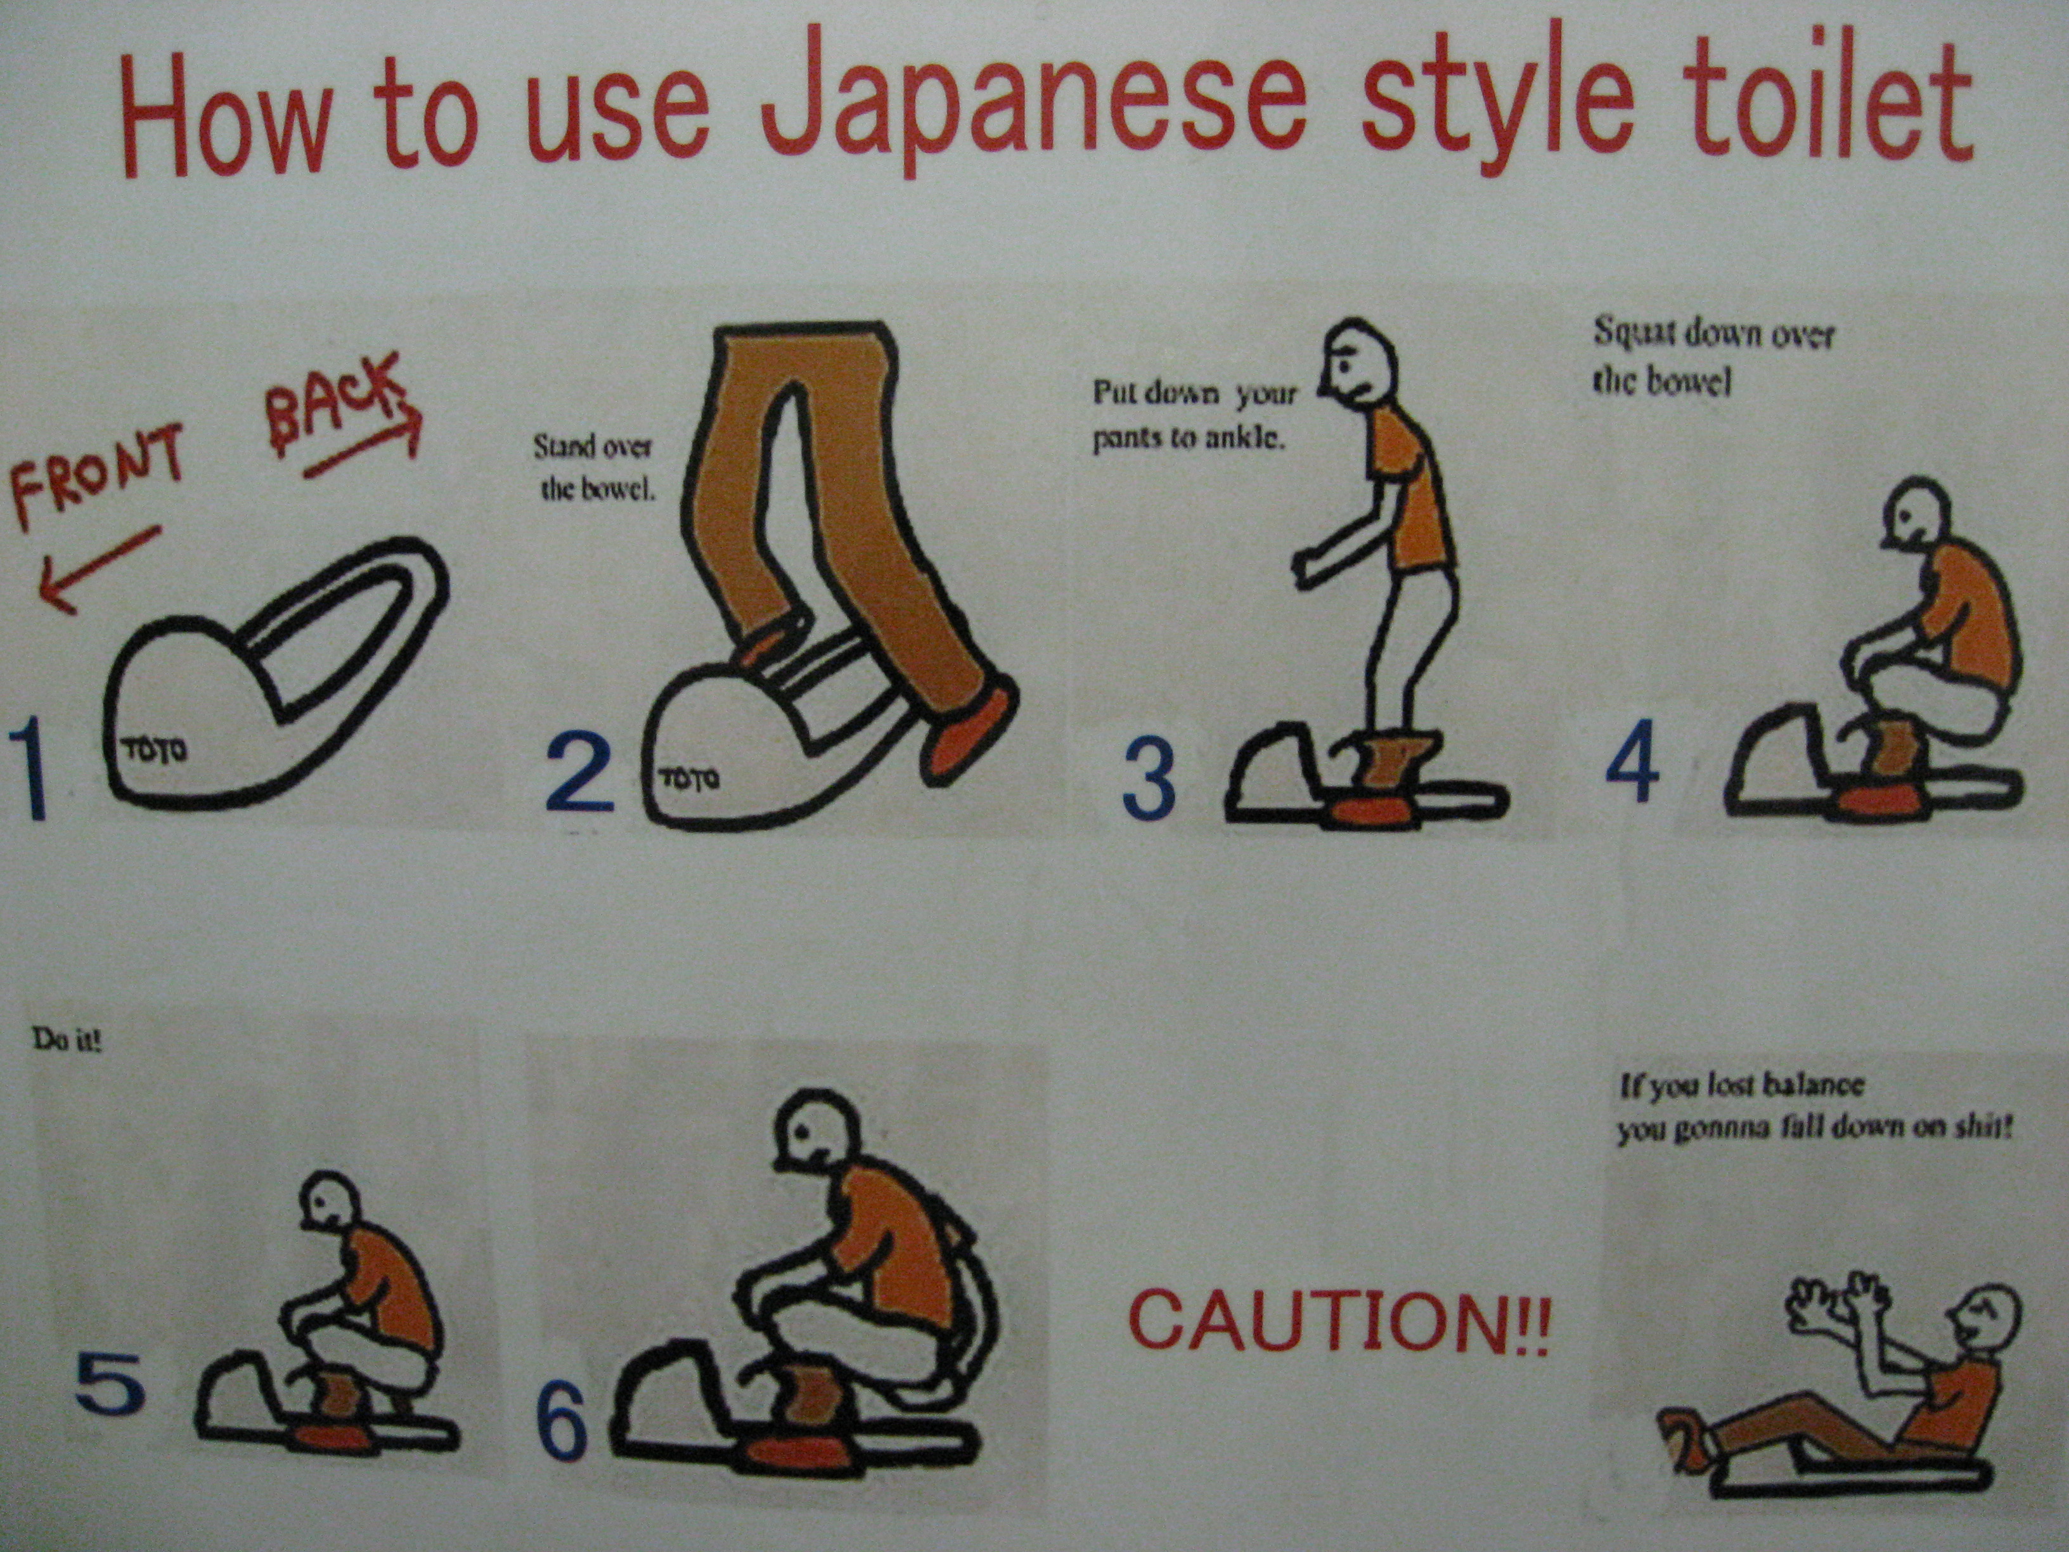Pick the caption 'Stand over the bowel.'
coord(595,468)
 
